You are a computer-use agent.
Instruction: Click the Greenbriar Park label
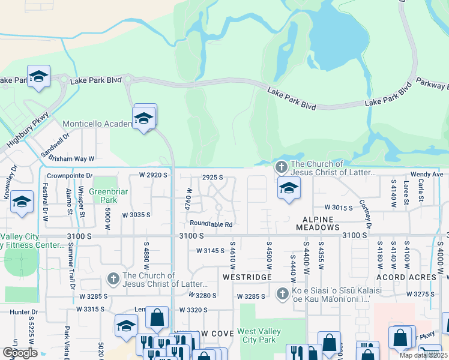(x=103, y=196)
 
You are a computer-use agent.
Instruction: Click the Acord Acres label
(x=406, y=277)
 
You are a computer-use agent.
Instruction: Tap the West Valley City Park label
(x=263, y=335)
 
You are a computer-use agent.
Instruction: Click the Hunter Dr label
(x=24, y=312)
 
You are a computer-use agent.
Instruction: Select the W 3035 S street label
(x=136, y=214)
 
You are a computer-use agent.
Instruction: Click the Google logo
(x=19, y=353)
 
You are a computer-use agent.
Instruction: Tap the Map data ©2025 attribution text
(x=423, y=355)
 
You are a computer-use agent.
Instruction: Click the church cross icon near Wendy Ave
(x=280, y=167)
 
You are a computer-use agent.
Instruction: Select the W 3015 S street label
(x=338, y=207)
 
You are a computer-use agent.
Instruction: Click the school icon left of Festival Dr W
(x=22, y=202)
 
